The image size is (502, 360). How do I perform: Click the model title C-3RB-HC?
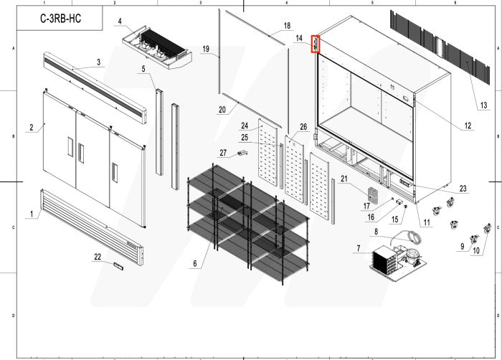point(60,19)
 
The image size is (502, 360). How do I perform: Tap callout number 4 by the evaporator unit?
point(120,21)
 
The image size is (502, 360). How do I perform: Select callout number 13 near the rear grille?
point(484,105)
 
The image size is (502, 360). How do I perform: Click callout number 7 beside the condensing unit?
point(356,249)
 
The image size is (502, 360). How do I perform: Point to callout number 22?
point(98,256)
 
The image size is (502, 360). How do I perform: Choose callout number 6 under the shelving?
point(194,263)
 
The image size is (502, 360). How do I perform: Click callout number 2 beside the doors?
point(32,128)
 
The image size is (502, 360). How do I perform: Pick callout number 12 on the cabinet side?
point(468,126)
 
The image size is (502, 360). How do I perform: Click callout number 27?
point(223,152)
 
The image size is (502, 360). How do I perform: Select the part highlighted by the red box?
point(314,44)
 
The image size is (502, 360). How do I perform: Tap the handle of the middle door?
point(81,152)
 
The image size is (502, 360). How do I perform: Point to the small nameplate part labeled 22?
point(118,265)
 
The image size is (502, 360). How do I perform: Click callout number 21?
point(344,179)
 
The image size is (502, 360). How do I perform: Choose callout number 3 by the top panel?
point(98,62)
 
